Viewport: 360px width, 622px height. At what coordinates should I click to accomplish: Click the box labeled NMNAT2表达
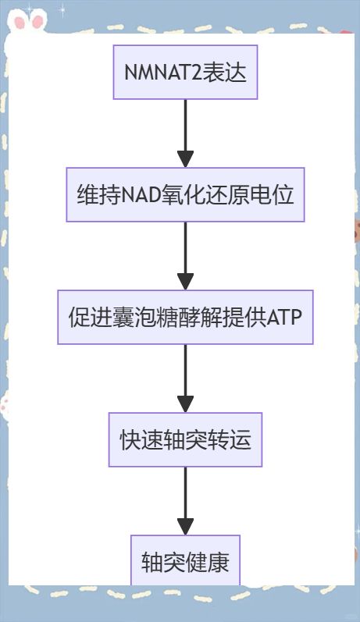point(185,72)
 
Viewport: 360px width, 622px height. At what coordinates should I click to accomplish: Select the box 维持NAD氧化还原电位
point(185,194)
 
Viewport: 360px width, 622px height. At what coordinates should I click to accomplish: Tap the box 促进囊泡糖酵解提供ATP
point(185,317)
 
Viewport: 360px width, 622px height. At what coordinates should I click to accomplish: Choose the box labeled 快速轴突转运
point(185,439)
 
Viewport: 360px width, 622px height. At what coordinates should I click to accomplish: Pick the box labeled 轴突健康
point(185,560)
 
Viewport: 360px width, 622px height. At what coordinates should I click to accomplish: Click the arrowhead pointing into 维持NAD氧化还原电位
point(185,159)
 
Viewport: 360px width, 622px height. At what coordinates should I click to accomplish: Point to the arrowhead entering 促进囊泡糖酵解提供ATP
point(185,282)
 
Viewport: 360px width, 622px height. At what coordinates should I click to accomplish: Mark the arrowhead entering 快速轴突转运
point(185,404)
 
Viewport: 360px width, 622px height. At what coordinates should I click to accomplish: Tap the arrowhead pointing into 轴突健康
point(185,527)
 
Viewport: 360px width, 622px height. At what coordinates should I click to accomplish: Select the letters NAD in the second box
point(141,195)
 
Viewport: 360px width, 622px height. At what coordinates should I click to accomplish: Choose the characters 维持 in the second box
point(98,195)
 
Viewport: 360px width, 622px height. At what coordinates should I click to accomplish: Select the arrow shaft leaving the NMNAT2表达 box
point(185,126)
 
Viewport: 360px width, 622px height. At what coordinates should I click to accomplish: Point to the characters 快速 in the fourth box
point(141,440)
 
